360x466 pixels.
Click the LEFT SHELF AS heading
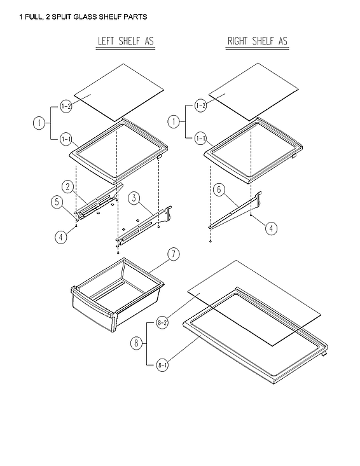125,42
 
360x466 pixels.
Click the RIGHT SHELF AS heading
257,42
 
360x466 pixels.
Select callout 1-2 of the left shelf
66,106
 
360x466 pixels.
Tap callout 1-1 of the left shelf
66,138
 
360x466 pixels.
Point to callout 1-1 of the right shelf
200,138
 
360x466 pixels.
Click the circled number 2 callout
67,186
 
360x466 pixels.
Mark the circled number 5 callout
57,203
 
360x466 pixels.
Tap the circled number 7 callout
172,256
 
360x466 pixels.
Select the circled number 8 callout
135,343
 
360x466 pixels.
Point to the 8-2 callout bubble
162,323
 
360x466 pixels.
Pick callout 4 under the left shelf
60,238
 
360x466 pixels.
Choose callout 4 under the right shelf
271,229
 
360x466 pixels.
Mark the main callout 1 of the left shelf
39,122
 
